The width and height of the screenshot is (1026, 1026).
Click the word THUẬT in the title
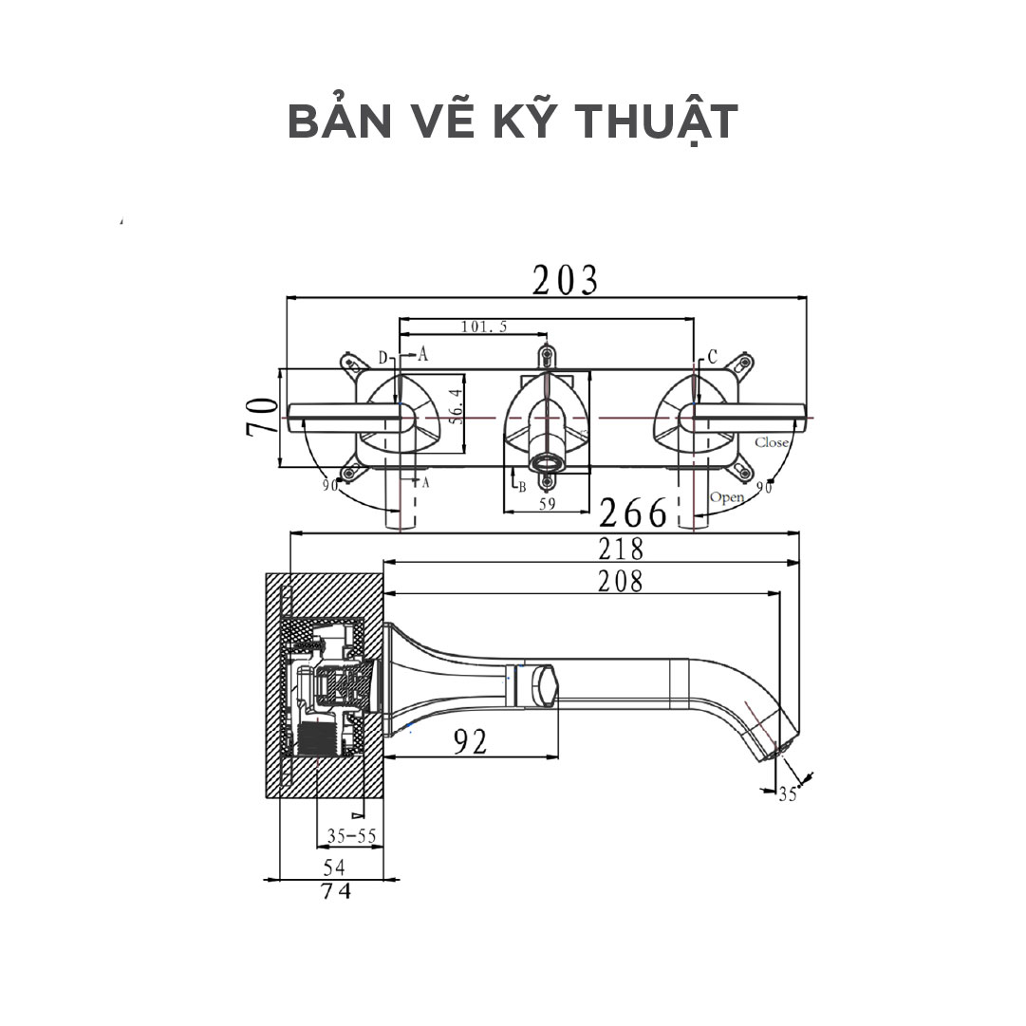tap(654, 122)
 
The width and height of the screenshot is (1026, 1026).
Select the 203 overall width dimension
tap(566, 280)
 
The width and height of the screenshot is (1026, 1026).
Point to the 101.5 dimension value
tap(484, 326)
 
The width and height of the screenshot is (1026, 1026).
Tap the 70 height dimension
tap(261, 418)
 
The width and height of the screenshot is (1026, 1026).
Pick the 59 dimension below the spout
tap(547, 504)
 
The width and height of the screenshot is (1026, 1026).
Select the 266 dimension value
tap(633, 513)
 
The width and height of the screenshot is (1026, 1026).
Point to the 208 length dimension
tap(620, 581)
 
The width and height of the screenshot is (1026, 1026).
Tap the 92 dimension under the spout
tap(469, 741)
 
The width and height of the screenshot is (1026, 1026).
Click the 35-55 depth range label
tap(351, 836)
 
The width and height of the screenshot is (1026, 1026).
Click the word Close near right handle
tap(772, 442)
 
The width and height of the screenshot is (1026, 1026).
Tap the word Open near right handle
tap(726, 497)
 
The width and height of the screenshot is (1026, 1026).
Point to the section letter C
tap(712, 357)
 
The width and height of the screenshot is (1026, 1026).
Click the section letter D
tap(382, 358)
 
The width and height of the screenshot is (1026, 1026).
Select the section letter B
tap(521, 487)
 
